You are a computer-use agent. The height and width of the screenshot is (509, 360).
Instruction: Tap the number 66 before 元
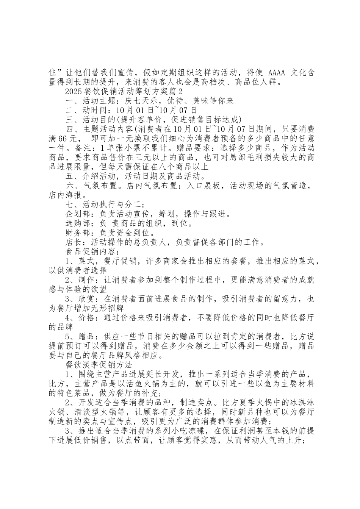pos(63,139)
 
